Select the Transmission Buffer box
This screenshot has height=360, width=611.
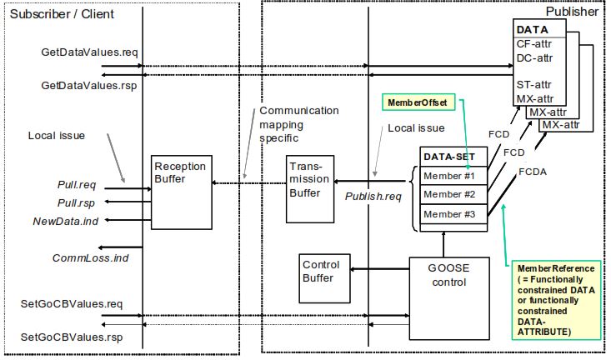coord(310,188)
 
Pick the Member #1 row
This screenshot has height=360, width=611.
coord(449,176)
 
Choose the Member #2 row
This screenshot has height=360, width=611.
coord(449,195)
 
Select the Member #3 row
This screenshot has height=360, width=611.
coord(449,214)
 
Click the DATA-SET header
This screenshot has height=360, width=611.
coord(449,157)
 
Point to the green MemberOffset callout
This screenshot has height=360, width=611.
coord(417,102)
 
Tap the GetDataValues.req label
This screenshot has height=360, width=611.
coord(89,52)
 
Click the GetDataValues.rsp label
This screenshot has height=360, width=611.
coord(89,85)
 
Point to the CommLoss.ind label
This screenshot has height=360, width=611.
coord(91,258)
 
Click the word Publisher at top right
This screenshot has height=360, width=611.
coord(572,12)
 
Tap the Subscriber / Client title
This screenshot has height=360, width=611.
coord(60,14)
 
